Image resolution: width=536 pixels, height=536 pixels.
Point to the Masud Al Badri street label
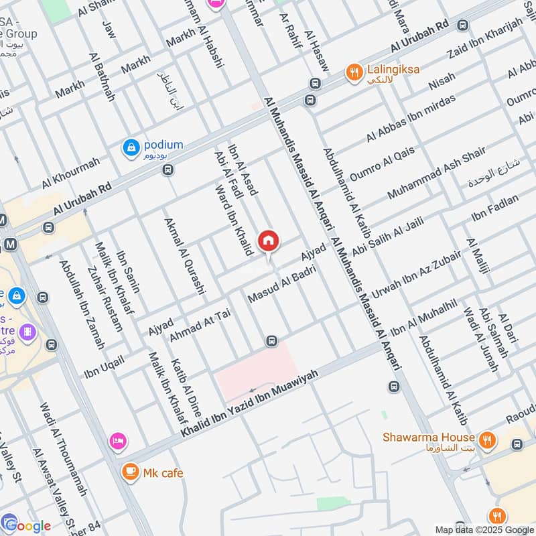pos(281,284)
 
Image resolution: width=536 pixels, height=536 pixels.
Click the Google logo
pos(27,525)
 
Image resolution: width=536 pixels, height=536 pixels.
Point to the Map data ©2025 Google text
pos(484,529)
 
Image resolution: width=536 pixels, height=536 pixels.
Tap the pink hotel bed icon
pos(119,440)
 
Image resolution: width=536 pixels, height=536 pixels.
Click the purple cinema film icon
pos(27,331)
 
